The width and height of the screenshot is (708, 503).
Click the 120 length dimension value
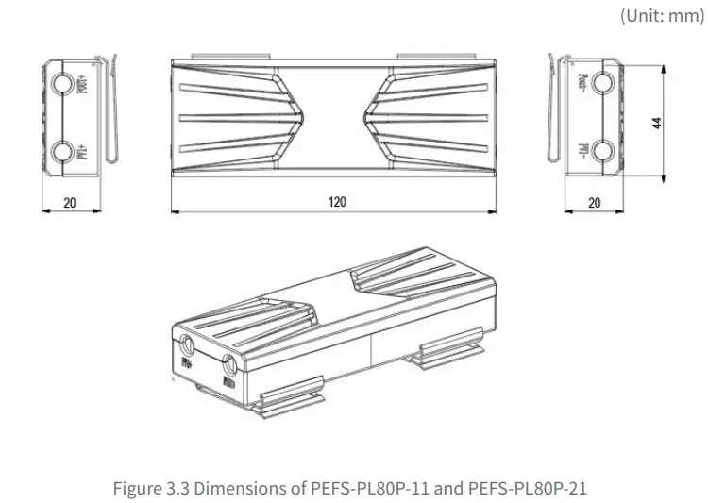click(x=337, y=202)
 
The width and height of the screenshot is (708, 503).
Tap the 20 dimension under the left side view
click(x=70, y=202)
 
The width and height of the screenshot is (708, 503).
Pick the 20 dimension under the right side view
click(x=594, y=202)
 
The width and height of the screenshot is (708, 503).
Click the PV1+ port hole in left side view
click(x=62, y=151)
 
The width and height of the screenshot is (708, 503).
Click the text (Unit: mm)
click(x=662, y=16)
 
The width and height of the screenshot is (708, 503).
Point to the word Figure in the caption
click(x=136, y=488)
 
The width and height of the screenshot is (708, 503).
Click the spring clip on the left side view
click(x=112, y=113)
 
